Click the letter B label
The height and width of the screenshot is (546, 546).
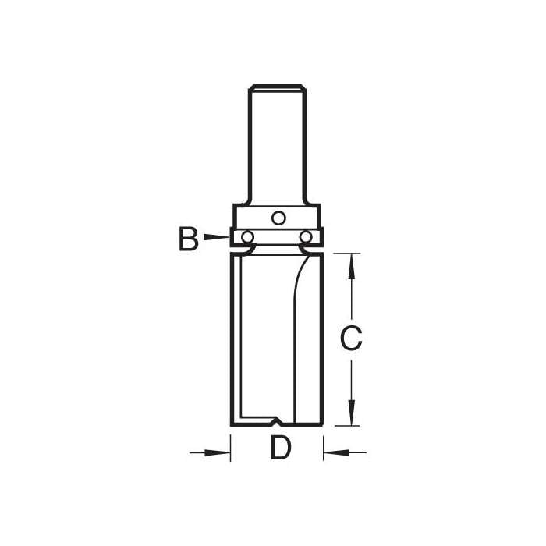point(189,239)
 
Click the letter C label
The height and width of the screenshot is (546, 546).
point(351,338)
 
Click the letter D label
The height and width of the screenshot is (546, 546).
point(281,448)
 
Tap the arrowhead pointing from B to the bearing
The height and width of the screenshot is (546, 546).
point(216,237)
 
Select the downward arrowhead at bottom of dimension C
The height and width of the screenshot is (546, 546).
point(352,413)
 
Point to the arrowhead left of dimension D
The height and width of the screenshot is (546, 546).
point(218,452)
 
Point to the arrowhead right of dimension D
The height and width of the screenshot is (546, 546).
point(337,452)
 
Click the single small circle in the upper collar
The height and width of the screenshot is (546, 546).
point(278,218)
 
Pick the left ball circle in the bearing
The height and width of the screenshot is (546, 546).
point(247,237)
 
